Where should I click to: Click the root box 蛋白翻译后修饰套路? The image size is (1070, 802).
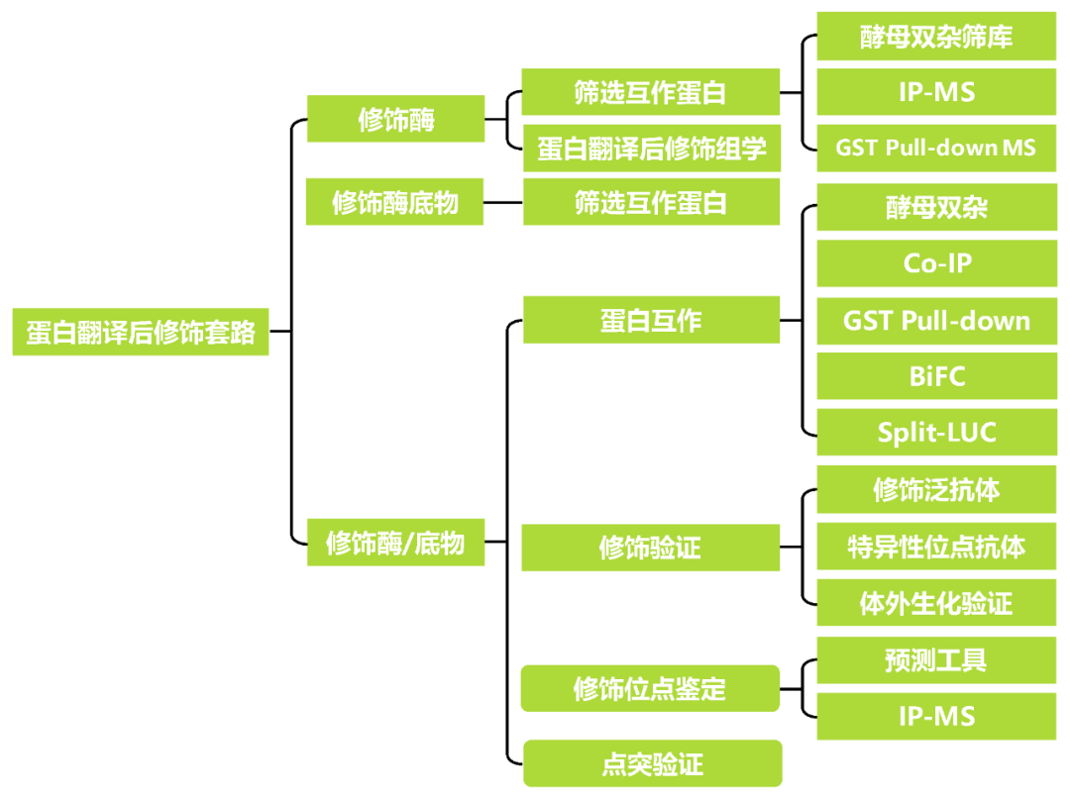click(x=140, y=332)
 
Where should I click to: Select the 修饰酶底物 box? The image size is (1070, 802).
click(x=394, y=203)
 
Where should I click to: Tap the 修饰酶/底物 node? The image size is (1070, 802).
click(x=395, y=543)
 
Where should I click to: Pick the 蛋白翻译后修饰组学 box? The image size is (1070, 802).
click(x=651, y=149)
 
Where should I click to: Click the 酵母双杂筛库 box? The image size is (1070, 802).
click(x=936, y=38)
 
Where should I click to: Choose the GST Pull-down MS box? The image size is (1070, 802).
click(x=936, y=148)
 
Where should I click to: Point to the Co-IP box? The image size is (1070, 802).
click(x=936, y=263)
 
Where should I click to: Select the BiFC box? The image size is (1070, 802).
click(x=936, y=377)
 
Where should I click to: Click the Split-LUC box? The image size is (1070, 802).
click(x=936, y=433)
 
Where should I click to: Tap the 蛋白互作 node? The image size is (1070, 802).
click(x=651, y=321)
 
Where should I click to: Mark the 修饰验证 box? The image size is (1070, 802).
click(x=651, y=548)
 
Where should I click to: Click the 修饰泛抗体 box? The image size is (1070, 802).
click(x=936, y=490)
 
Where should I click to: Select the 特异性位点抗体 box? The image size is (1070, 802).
click(x=936, y=547)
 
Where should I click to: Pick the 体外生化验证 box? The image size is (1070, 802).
click(x=936, y=603)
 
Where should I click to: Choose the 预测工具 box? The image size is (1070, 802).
click(x=936, y=660)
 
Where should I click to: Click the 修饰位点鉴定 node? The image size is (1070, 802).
click(x=651, y=689)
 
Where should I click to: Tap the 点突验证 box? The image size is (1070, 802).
click(x=652, y=763)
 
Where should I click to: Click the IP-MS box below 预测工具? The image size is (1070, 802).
click(x=936, y=717)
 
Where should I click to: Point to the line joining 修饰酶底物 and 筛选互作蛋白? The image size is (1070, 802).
click(x=503, y=203)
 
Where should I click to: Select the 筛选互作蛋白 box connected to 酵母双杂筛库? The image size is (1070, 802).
click(x=651, y=92)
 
